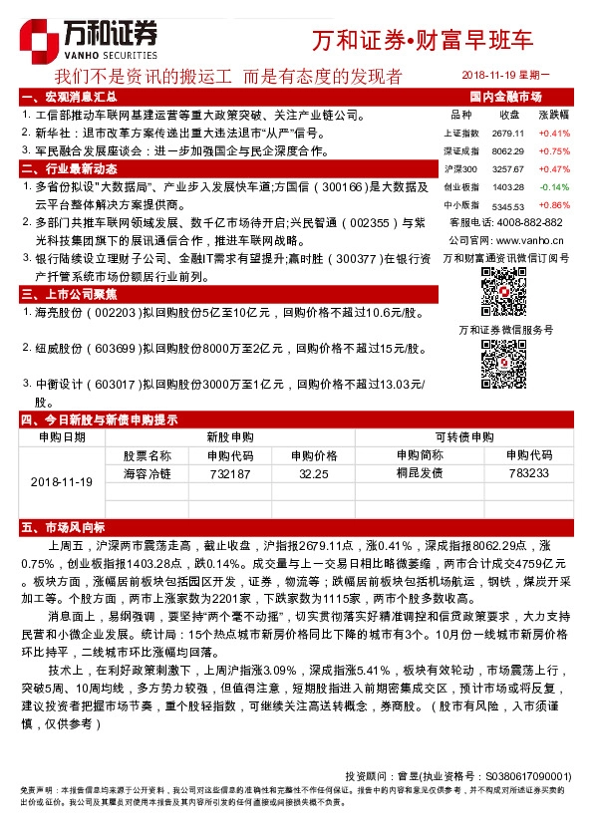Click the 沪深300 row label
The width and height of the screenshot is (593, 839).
click(459, 168)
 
